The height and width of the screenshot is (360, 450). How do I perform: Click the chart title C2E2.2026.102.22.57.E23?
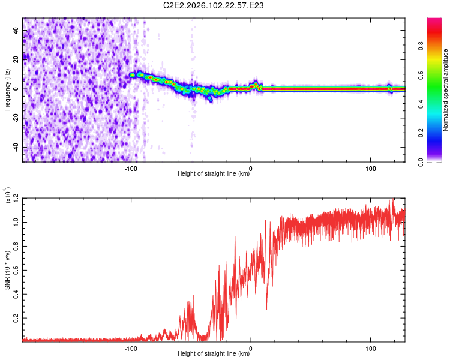click(214, 5)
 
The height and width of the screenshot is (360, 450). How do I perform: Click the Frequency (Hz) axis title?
click(8, 89)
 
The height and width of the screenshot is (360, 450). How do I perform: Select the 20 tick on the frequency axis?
click(16, 59)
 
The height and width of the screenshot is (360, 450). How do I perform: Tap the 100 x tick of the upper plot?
click(371, 169)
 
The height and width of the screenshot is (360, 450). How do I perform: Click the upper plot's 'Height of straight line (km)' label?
click(214, 174)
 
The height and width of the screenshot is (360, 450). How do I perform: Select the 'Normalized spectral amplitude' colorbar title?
click(446, 90)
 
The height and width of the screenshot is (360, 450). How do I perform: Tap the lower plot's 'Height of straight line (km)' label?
click(214, 354)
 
